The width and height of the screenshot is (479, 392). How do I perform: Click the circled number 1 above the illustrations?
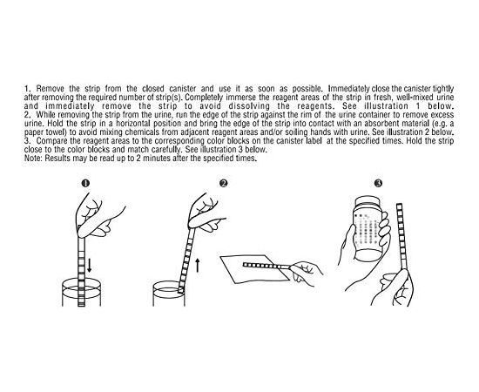(x=85, y=183)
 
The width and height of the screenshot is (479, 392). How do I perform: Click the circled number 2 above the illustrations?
(x=224, y=183)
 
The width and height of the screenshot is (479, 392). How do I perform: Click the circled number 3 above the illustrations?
(x=378, y=183)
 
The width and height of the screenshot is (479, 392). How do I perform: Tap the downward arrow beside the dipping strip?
(x=89, y=265)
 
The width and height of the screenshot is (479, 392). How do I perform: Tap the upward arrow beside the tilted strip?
(x=198, y=265)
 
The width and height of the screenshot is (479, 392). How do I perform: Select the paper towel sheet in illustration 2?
(x=254, y=269)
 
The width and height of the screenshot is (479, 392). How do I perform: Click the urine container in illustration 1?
(x=81, y=292)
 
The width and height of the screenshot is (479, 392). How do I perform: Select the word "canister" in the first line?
(x=182, y=89)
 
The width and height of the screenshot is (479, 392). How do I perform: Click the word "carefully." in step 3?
(x=167, y=150)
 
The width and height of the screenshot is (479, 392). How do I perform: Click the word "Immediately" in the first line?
(x=348, y=89)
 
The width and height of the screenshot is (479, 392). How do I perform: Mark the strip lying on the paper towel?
(x=266, y=265)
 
